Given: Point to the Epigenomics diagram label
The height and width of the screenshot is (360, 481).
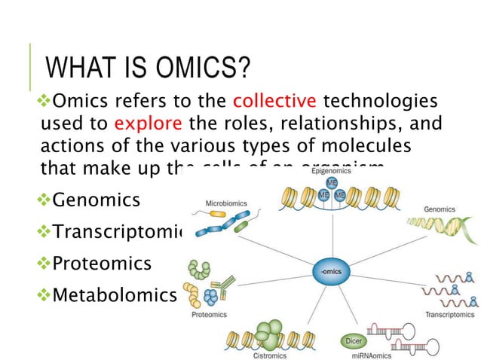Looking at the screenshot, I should (331, 172).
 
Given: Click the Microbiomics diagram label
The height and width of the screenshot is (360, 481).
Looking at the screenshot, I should (226, 203).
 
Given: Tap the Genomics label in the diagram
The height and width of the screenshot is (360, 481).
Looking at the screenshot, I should (439, 209).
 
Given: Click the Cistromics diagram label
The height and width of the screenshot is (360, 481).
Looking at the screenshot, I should (268, 352).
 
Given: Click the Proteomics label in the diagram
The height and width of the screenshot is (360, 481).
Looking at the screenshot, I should (209, 314).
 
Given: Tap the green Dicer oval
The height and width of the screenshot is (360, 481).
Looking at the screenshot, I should (353, 340).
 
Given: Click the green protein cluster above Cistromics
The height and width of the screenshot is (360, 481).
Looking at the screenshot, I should (268, 330).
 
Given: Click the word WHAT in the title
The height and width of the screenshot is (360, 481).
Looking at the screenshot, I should (78, 70).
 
